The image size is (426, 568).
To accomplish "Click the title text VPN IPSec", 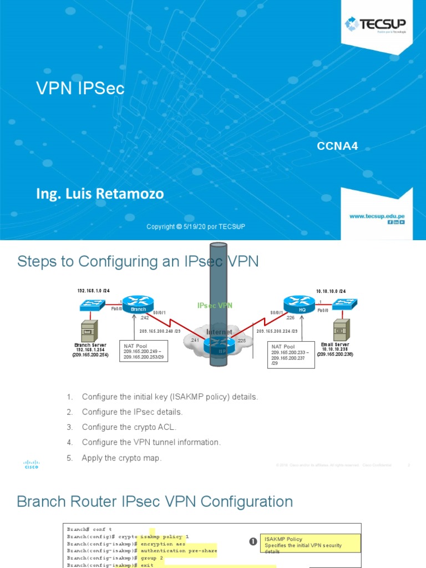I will (x=80, y=88).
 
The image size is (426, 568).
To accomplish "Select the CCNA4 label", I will (x=337, y=146).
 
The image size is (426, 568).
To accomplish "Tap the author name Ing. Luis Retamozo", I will (x=100, y=194).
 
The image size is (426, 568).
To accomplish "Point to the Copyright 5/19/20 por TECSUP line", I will (x=195, y=227).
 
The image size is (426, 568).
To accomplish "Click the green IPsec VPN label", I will (x=215, y=306).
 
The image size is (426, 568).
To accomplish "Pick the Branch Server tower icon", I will (x=88, y=331).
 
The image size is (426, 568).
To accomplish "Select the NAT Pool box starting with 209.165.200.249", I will (x=144, y=352).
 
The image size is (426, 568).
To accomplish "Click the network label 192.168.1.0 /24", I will (x=94, y=291).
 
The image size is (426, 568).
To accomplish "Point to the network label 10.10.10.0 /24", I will (x=331, y=291).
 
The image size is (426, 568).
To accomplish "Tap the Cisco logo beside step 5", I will (x=31, y=464).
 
